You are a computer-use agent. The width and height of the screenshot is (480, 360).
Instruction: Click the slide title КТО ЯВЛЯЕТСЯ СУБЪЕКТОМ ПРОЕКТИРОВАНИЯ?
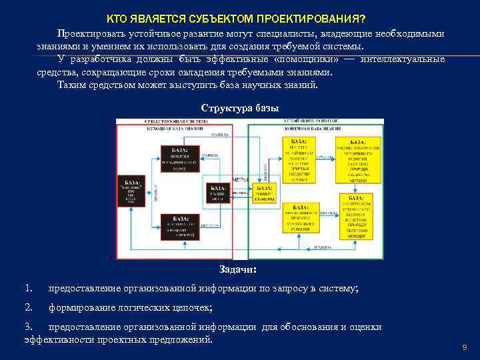click(240, 17)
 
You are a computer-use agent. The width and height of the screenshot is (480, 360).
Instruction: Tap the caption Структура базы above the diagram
click(239, 108)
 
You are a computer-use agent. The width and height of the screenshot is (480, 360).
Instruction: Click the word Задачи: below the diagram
click(238, 269)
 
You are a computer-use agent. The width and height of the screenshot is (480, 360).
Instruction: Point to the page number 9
click(464, 348)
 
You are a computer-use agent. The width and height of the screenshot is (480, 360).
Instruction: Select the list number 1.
click(28, 288)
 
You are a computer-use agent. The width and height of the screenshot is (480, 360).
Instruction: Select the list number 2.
click(28, 307)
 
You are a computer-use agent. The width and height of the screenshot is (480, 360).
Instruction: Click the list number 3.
click(28, 327)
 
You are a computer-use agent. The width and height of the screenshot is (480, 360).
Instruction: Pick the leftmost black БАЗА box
click(131, 193)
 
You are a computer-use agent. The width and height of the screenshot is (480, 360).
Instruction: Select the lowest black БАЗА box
click(180, 227)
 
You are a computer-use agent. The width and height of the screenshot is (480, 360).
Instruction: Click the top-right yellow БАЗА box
click(358, 161)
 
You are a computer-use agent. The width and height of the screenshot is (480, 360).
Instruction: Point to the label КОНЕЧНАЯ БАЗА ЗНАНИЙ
click(316, 127)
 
